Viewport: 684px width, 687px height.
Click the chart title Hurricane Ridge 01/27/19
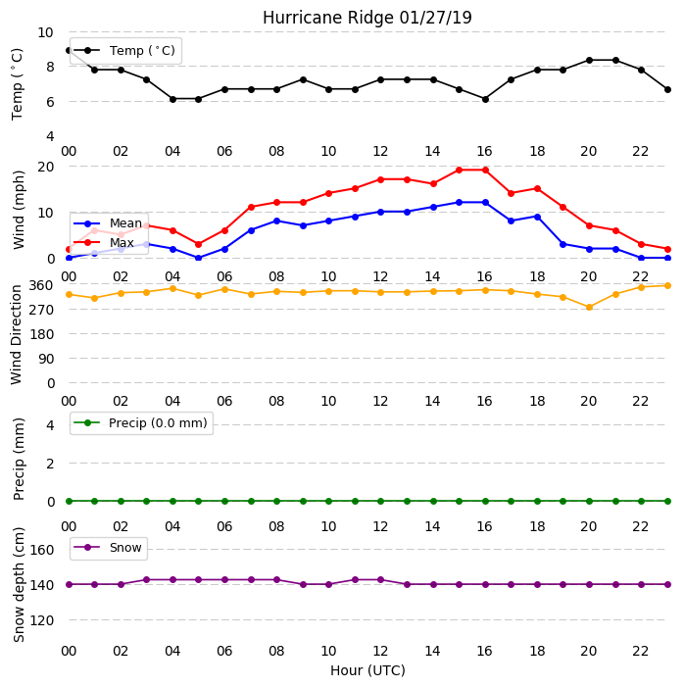tap(367, 18)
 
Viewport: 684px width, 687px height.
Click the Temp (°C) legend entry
tap(124, 51)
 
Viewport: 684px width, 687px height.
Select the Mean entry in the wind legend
tap(108, 223)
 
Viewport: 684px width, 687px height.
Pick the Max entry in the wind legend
tap(104, 242)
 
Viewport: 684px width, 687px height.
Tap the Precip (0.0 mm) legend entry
tap(141, 422)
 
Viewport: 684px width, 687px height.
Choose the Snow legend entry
tap(108, 548)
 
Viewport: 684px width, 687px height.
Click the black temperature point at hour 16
tap(485, 99)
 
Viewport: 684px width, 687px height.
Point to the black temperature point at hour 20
tap(589, 60)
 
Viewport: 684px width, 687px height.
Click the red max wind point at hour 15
tap(460, 170)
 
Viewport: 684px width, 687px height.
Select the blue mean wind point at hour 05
tap(199, 258)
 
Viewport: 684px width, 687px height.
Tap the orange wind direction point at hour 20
tap(589, 308)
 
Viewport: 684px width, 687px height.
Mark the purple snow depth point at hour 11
tap(355, 579)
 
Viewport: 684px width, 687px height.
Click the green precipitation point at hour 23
tap(667, 501)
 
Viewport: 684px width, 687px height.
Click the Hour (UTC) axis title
tap(367, 670)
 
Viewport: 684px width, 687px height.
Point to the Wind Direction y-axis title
tap(16, 335)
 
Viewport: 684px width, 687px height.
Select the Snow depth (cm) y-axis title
tap(19, 584)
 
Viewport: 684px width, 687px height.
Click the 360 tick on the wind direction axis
tap(41, 285)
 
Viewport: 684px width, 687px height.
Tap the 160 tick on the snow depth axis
tap(41, 550)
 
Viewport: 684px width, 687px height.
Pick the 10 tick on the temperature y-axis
tap(46, 32)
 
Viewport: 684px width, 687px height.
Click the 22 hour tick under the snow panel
tap(641, 651)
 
